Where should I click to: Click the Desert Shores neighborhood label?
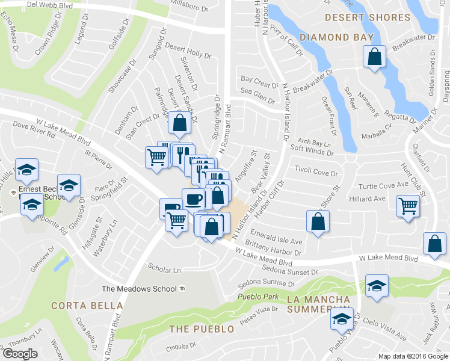point(368,17)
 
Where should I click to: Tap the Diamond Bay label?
point(333,37)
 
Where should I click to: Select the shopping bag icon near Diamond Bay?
point(375,58)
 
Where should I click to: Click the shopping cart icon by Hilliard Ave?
point(408,206)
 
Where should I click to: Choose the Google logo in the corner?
point(20,354)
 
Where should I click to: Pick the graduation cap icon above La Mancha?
point(377,286)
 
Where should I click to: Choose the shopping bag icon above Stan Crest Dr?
point(180,123)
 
